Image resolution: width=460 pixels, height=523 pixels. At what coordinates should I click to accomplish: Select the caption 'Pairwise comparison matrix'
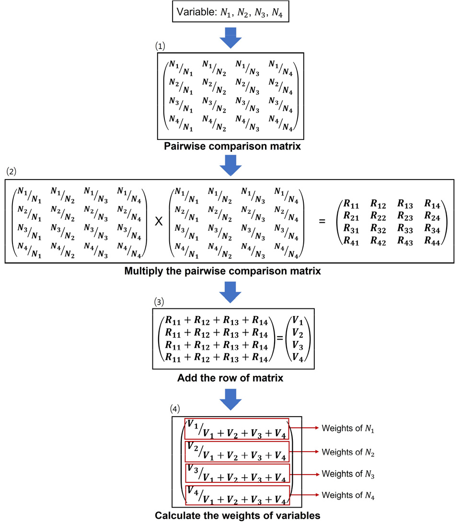pos(232,147)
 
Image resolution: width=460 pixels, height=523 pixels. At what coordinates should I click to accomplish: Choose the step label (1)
pos(160,46)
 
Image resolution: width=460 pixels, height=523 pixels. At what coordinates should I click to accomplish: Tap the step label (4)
pos(176,410)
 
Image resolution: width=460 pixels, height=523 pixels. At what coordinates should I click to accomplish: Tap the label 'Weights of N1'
pos(347,429)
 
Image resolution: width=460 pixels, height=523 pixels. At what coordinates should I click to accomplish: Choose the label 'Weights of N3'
pos(347,474)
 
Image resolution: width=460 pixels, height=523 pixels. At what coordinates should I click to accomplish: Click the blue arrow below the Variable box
pos(231,37)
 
